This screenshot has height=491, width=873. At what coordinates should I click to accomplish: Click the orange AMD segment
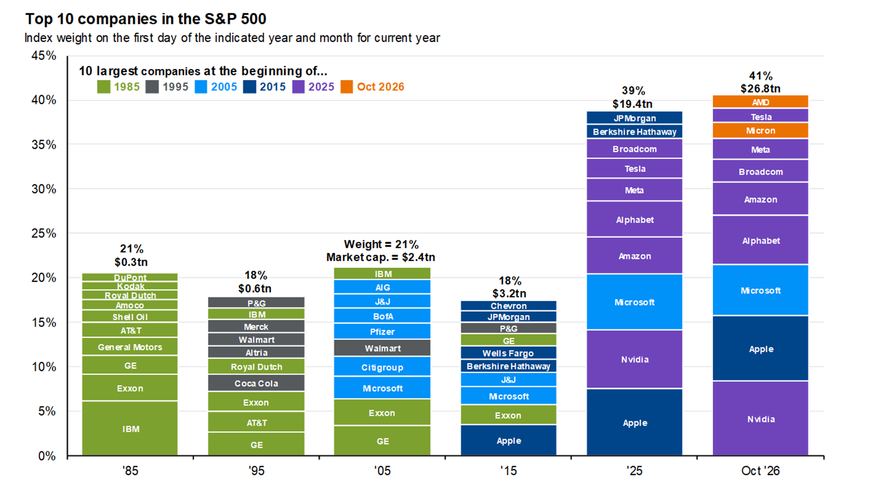pyautogui.click(x=760, y=102)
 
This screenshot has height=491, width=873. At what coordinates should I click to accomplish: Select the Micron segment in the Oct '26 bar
pyautogui.click(x=760, y=131)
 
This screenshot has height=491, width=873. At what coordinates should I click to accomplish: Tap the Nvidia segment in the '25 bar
pyautogui.click(x=634, y=359)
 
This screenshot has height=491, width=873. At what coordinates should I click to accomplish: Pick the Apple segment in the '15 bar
pyautogui.click(x=508, y=440)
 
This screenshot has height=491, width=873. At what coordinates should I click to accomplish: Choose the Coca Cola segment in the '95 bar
pyautogui.click(x=256, y=383)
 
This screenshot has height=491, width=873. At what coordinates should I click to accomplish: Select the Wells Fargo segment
pyautogui.click(x=508, y=353)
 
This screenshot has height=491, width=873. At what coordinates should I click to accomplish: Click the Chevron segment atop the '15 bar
pyautogui.click(x=508, y=306)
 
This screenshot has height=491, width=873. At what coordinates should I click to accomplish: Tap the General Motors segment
pyautogui.click(x=130, y=347)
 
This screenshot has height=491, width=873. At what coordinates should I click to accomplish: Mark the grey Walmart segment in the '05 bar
pyautogui.click(x=382, y=348)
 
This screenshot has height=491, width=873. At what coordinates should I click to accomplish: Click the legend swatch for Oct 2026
pyautogui.click(x=347, y=87)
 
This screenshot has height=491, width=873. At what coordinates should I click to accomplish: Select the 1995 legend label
pyautogui.click(x=175, y=87)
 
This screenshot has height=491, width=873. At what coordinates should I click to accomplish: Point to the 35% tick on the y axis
pyautogui.click(x=44, y=145)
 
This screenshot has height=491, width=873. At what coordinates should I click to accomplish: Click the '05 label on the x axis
pyautogui.click(x=382, y=470)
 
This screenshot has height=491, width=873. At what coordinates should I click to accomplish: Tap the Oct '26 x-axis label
pyautogui.click(x=760, y=470)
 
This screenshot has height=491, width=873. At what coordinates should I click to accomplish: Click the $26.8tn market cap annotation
pyautogui.click(x=760, y=88)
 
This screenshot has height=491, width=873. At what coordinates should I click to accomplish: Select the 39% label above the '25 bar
pyautogui.click(x=633, y=90)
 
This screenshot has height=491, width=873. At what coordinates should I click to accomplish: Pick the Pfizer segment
pyautogui.click(x=382, y=331)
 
